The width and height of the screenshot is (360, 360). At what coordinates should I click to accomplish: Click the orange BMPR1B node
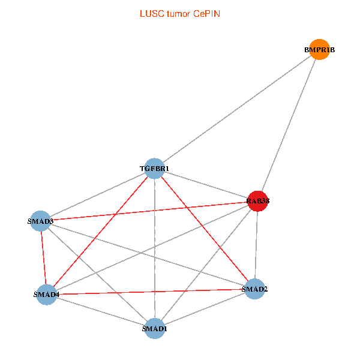point(319,50)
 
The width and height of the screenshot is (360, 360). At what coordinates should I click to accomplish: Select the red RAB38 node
point(257,201)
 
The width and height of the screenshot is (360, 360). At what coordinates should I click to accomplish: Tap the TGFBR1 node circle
point(155,169)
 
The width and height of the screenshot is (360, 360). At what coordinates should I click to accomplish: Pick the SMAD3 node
point(40,221)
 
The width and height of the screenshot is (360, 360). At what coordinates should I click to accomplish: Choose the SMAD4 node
point(46,295)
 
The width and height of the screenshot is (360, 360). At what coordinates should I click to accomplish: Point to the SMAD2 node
point(255,289)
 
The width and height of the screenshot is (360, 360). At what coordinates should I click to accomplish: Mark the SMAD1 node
point(155,328)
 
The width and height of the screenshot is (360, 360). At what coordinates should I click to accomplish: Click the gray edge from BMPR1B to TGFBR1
point(237,109)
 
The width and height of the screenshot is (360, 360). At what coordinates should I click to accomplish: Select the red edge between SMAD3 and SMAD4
point(43,258)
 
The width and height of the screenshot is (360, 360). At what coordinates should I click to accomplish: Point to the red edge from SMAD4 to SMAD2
point(150,292)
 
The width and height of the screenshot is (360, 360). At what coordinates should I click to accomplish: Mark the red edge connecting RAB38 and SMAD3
point(149,211)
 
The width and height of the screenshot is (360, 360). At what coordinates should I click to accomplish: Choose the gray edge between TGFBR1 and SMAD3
point(97,195)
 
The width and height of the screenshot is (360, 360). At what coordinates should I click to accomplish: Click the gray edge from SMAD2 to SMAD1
point(204,309)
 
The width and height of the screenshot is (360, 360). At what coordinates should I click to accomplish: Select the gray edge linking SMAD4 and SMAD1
point(100,311)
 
